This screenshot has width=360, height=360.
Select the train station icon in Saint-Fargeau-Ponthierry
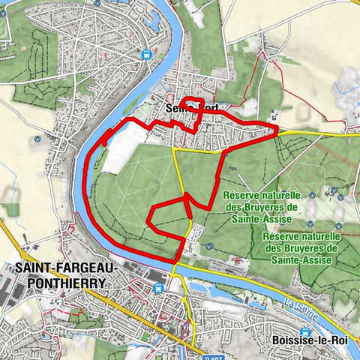coord(157,287)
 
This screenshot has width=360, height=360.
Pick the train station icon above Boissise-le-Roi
coord(304,331)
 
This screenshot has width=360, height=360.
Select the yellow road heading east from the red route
coord(315,133)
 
